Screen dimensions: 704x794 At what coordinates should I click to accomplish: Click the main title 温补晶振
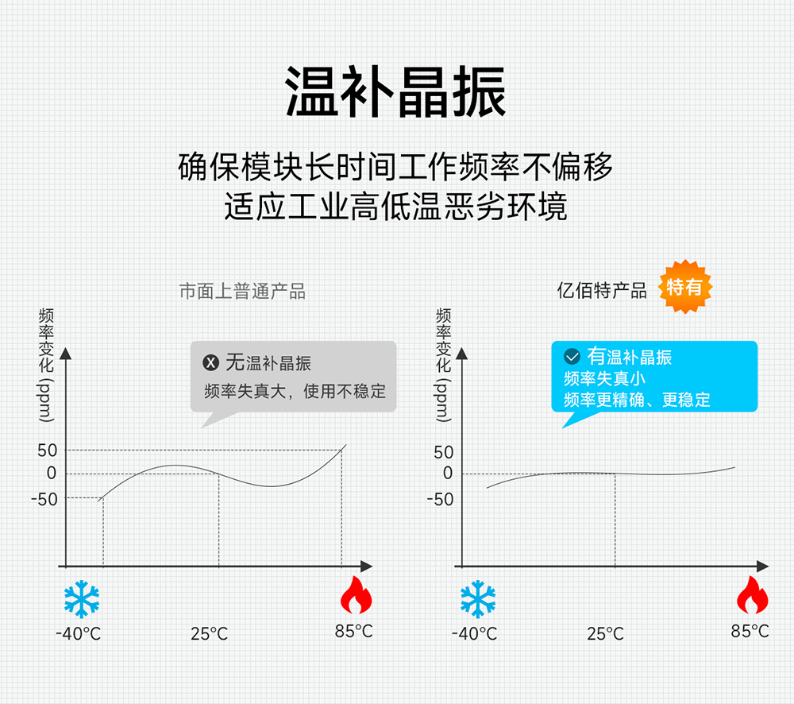pos(395,93)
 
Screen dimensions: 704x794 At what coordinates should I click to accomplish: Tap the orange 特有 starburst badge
pos(685,287)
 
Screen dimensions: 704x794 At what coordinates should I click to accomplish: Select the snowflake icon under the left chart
pos(82,599)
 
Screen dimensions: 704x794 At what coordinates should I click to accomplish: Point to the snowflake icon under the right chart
pos(478,599)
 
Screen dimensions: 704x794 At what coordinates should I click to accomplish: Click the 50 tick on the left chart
pos(47,451)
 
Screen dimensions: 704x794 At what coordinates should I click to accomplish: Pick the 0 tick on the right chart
pos(448,474)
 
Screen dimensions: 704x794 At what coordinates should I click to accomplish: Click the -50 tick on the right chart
pos(440,499)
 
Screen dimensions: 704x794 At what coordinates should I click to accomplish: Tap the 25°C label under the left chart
pos(209,634)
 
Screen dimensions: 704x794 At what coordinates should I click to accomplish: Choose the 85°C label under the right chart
pos(750,632)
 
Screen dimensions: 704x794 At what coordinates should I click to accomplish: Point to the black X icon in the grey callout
pos(211,364)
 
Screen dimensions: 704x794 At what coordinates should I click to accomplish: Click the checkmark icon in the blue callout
pos(572,357)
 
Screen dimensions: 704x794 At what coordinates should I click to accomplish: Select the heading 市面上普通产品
pos(242,292)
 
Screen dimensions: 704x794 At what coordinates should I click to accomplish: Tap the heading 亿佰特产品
pos(601,291)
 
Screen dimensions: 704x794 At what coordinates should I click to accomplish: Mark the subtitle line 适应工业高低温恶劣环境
pos(395,207)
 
